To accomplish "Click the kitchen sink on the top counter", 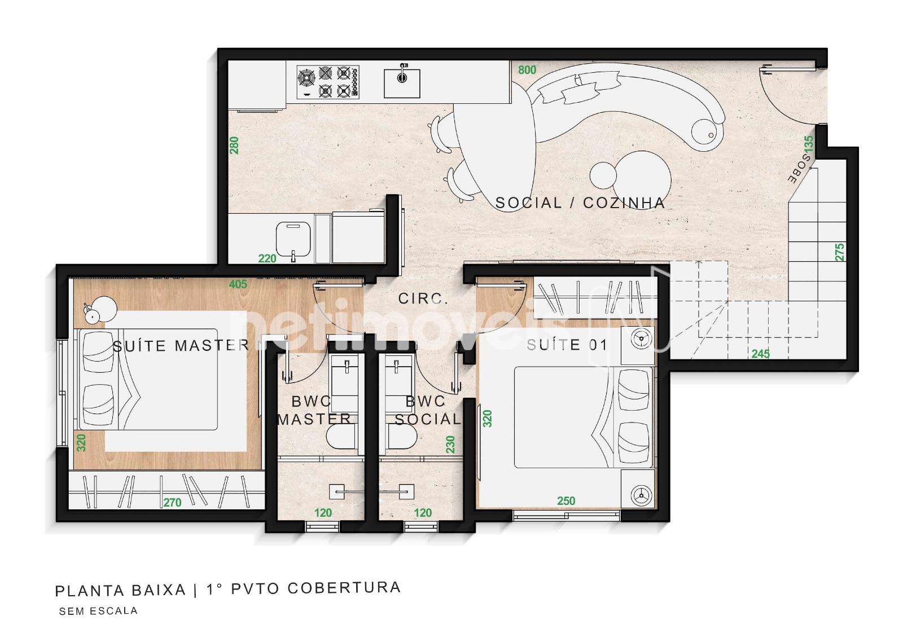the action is coord(401,83).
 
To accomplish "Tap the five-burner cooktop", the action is coord(328,82).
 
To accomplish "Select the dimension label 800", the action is coord(527,70).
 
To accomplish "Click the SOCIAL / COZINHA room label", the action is coord(580,203).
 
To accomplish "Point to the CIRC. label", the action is coord(423,298).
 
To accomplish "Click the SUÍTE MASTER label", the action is coord(181,345).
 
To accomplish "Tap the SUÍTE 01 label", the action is coord(567,345).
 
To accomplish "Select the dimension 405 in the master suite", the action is coord(238,284).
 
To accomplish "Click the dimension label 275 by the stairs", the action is coord(840,252).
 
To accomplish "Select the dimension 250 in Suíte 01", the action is coord(566,500).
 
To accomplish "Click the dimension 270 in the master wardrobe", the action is coord(172,502).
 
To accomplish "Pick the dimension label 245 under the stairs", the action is coord(760,354).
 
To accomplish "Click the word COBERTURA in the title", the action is coord(344,588).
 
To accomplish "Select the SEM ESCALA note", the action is coord(98,611).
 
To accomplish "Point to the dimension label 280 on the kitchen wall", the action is coord(234,146).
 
